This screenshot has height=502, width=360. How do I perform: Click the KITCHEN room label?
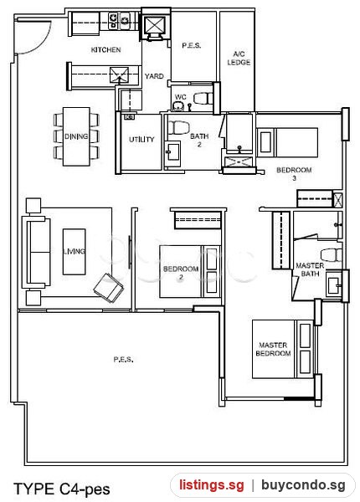[106, 49]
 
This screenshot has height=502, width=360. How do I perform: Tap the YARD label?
[154, 76]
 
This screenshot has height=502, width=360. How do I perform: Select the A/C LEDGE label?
[239, 58]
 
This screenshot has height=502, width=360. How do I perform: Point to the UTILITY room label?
[141, 139]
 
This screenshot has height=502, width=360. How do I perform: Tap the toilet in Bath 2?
[175, 127]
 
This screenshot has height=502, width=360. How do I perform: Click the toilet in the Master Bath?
[332, 255]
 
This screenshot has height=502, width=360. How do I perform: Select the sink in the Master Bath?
[334, 284]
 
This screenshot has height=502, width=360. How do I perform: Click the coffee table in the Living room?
[74, 252]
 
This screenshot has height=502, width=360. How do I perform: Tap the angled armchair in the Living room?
[109, 288]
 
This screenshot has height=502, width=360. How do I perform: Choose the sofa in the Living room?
[36, 252]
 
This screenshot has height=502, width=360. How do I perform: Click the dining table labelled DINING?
[76, 136]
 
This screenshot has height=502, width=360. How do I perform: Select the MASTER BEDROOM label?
[273, 349]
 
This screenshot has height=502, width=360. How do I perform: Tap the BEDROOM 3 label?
[294, 173]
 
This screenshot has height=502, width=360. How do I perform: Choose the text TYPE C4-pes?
[62, 489]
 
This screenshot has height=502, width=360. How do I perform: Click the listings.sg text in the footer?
[211, 485]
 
